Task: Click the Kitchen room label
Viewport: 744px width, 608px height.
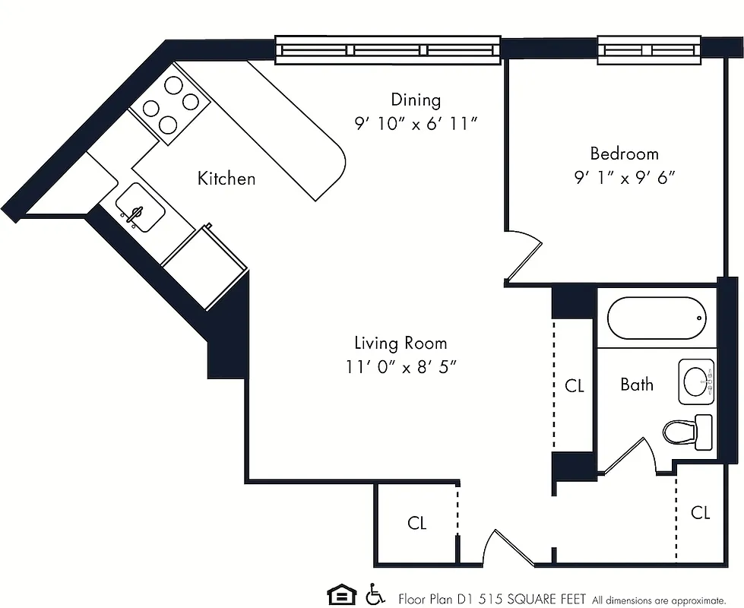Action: click(x=226, y=179)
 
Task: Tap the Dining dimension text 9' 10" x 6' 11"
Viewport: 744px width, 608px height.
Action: click(x=416, y=124)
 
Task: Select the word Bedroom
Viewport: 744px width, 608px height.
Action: click(x=624, y=154)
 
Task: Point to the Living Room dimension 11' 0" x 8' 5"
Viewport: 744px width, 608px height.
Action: click(x=400, y=367)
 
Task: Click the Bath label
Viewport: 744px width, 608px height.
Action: click(x=636, y=385)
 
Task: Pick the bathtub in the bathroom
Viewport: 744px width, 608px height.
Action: click(x=657, y=318)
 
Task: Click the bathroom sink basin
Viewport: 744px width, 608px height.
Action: click(x=695, y=381)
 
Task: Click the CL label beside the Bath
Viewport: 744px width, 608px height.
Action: click(x=575, y=386)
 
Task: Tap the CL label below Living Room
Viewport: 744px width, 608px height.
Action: click(x=416, y=523)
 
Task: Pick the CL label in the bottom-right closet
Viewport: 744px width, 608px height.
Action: click(x=700, y=513)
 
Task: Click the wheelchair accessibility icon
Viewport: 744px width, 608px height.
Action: click(x=374, y=593)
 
